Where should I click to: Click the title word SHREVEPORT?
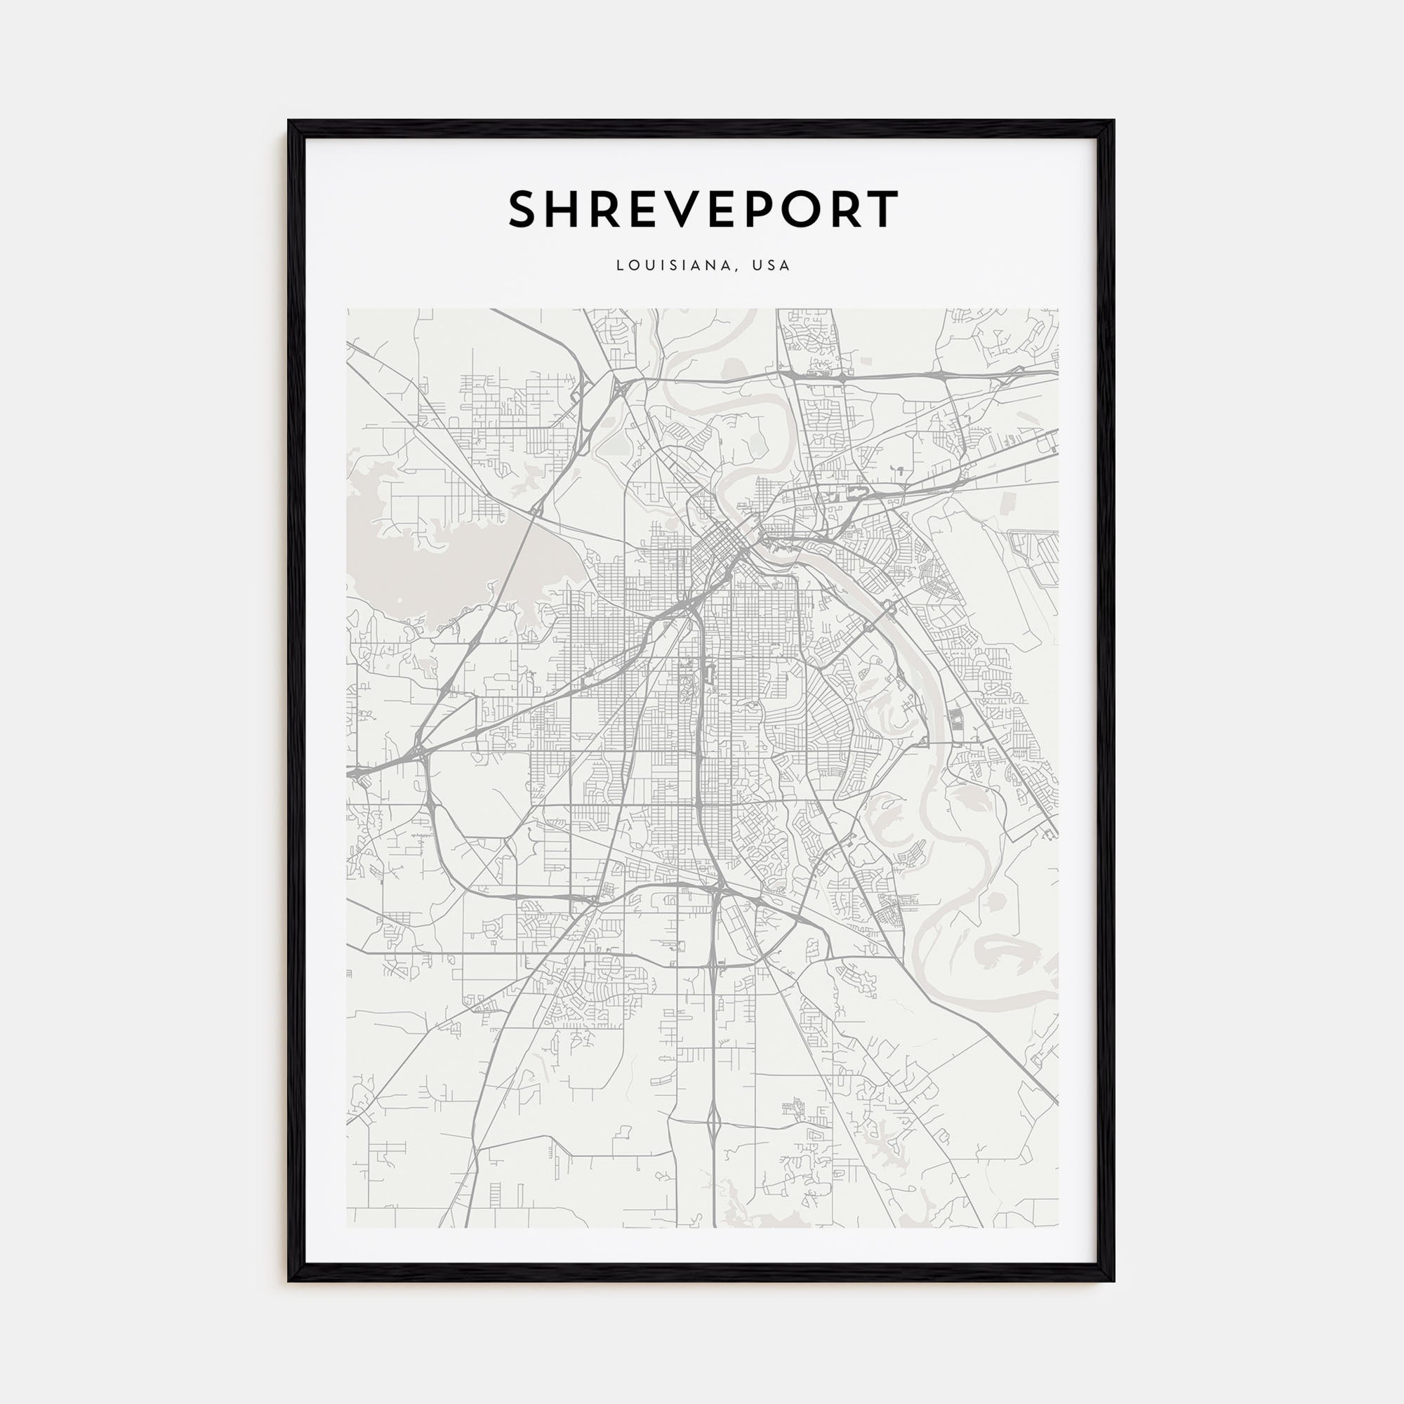pyautogui.click(x=703, y=209)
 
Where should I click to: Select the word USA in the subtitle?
pyautogui.click(x=771, y=266)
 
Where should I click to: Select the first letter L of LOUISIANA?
pyautogui.click(x=620, y=266)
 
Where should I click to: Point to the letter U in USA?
pyautogui.click(x=757, y=266)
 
